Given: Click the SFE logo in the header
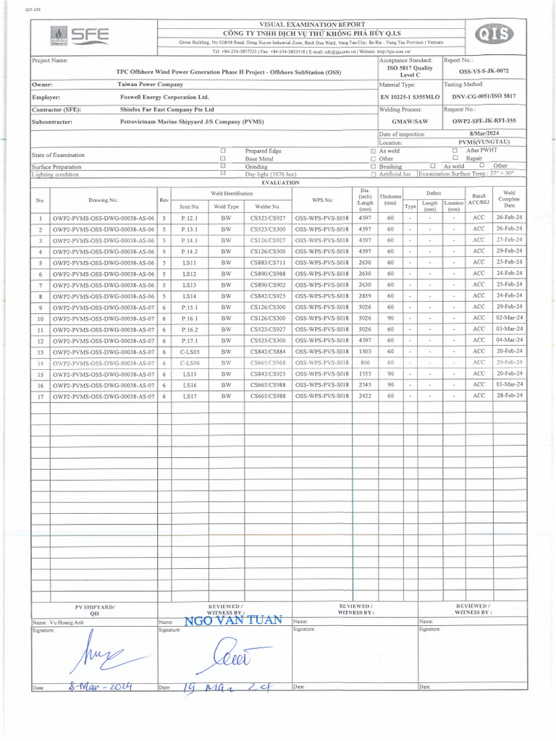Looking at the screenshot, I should click(x=80, y=36).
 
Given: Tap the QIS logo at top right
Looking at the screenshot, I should click(x=494, y=35).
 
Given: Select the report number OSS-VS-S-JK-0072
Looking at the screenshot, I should click(x=484, y=72).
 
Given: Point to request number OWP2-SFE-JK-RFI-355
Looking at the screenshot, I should click(x=484, y=121).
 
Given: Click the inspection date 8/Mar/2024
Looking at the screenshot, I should click(x=484, y=135).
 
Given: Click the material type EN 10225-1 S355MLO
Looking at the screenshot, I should click(x=409, y=96).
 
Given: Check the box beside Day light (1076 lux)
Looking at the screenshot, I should click(x=223, y=174).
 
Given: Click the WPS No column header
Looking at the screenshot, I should click(x=322, y=199).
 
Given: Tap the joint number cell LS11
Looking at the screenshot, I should click(x=190, y=263).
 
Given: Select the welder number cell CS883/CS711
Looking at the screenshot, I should click(x=268, y=263).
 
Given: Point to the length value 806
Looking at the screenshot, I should click(x=365, y=363).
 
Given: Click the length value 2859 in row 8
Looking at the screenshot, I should click(x=365, y=296).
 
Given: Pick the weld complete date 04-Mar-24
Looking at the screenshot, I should click(x=509, y=340).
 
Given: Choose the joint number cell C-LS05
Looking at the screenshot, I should click(x=190, y=352).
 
